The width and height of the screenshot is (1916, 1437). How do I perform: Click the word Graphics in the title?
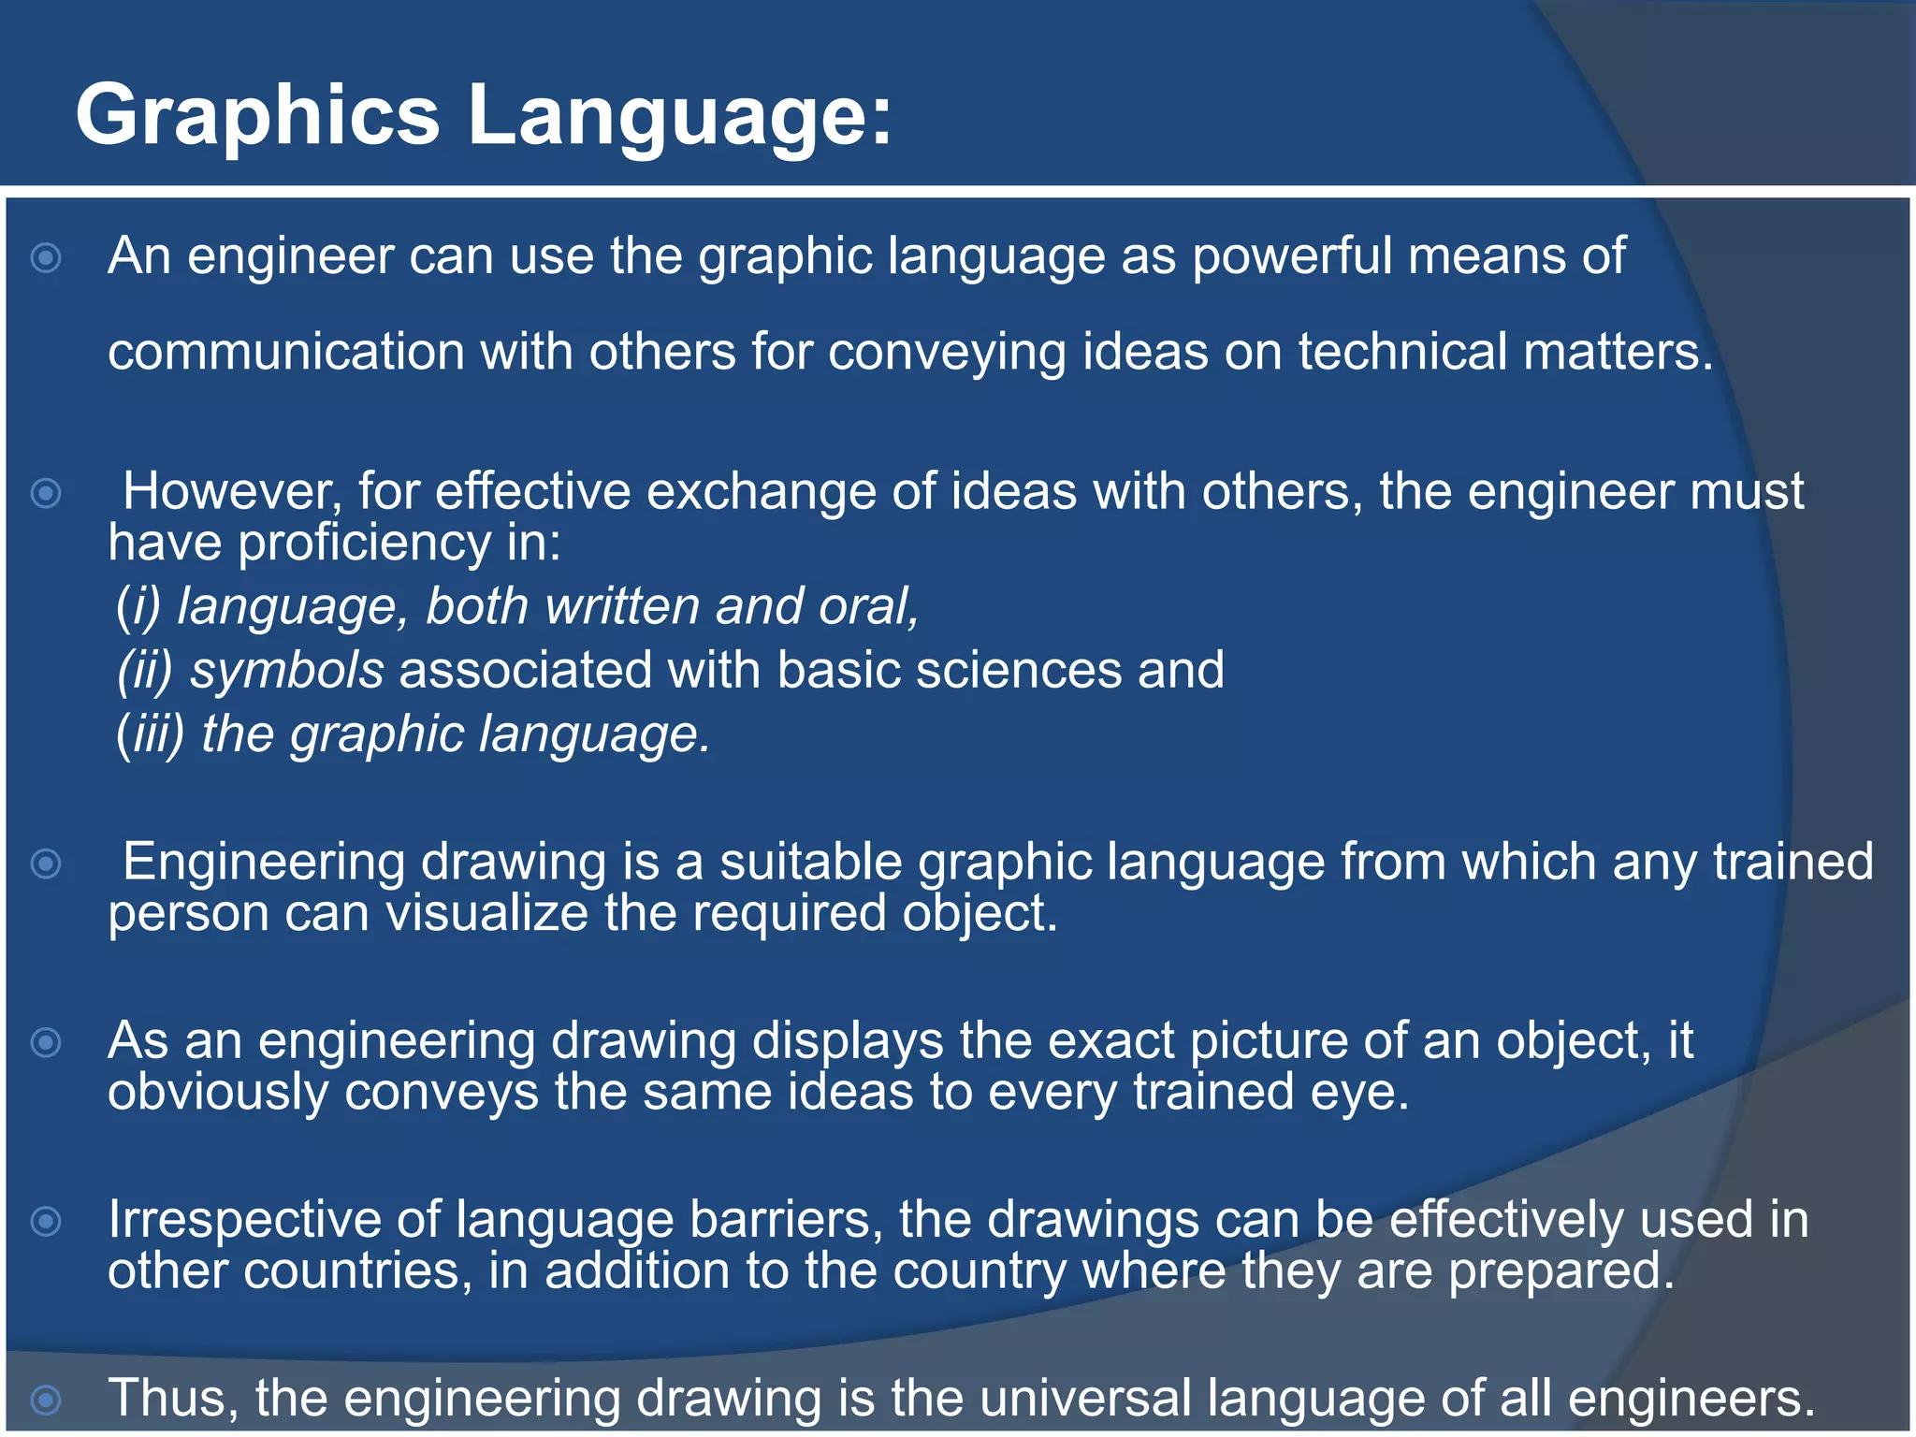[x=257, y=116]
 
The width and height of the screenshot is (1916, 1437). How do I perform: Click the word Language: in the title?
[x=680, y=116]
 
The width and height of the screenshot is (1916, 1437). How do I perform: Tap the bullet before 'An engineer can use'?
[x=46, y=257]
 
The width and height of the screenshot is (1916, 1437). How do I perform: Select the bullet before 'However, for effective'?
[x=46, y=493]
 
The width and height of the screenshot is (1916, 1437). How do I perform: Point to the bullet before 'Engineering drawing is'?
[x=46, y=863]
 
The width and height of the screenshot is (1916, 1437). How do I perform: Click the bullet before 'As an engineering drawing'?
[x=46, y=1042]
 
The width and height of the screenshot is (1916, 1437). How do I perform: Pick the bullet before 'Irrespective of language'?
[x=46, y=1221]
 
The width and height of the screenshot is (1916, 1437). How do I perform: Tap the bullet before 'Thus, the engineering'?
[x=46, y=1400]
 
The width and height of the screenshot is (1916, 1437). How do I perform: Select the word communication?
[x=285, y=353]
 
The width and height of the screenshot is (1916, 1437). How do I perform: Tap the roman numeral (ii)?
[x=145, y=671]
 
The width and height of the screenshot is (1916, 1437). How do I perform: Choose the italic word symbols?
[x=287, y=671]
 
